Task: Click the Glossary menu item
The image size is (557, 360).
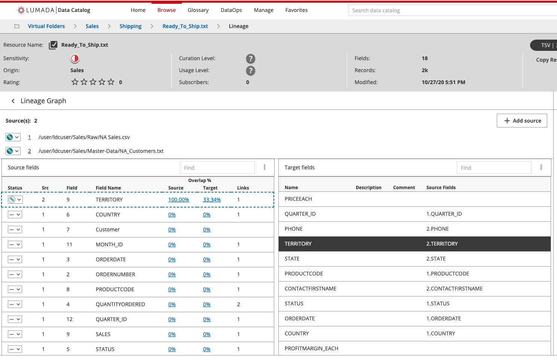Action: click(198, 10)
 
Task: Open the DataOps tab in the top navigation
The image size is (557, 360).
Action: click(231, 10)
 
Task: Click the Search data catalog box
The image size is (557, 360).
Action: click(449, 10)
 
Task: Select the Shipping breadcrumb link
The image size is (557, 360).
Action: click(130, 26)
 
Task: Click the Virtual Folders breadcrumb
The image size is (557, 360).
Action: click(46, 26)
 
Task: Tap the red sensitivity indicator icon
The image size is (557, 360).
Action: click(75, 58)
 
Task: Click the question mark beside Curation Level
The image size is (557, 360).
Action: click(250, 59)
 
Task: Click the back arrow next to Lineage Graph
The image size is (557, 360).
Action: click(13, 101)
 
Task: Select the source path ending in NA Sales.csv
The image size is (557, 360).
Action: click(84, 137)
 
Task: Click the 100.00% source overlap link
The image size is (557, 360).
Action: click(178, 200)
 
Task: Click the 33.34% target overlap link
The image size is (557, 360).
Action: click(212, 200)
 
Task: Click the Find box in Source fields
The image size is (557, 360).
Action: click(217, 168)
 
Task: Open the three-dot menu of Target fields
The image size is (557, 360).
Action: click(541, 167)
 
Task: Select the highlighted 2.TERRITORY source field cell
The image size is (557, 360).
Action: click(442, 244)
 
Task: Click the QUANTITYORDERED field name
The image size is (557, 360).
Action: click(120, 304)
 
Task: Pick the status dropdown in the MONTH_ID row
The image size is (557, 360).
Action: click(15, 244)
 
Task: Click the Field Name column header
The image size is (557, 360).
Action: click(108, 188)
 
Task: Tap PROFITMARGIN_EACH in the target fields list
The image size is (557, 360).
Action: click(311, 348)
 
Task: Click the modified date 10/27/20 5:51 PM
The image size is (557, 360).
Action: click(443, 82)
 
